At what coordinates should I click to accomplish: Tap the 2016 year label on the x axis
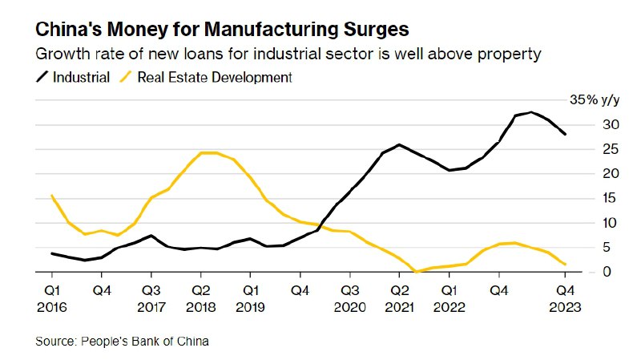tap(50, 305)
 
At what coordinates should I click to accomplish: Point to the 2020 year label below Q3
tap(349, 305)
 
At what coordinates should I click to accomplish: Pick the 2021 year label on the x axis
tap(400, 305)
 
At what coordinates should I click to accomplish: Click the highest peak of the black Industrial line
tap(530, 112)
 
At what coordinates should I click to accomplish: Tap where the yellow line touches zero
tap(417, 272)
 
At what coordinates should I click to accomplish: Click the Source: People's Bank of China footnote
tap(122, 342)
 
